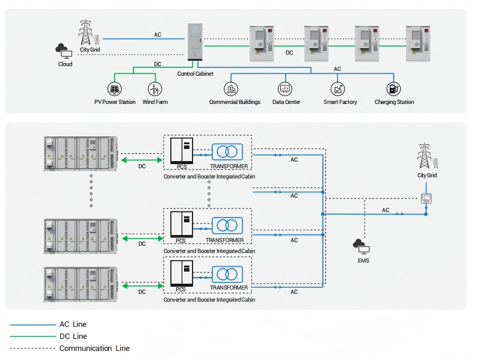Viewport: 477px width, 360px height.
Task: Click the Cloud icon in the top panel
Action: pos(61,48)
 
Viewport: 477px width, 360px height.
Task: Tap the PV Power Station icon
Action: pos(114,89)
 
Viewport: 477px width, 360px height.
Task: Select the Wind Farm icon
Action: pos(155,89)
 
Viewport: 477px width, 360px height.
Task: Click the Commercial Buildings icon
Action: pos(230,89)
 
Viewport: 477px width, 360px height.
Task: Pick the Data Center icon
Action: pos(285,89)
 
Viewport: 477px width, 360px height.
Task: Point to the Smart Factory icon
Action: pos(339,89)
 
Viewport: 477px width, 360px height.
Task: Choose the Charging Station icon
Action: pos(393,89)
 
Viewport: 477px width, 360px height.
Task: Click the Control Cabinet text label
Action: pos(195,74)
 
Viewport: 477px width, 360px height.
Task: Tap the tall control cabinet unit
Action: pos(195,42)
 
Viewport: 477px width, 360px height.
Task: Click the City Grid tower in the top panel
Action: pos(87,31)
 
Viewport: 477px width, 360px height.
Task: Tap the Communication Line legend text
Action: pos(94,348)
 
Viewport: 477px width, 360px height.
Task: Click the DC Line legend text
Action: pos(73,337)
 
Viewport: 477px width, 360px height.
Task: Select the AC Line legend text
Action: pos(73,325)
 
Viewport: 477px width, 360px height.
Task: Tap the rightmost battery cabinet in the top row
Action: pos(419,43)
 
